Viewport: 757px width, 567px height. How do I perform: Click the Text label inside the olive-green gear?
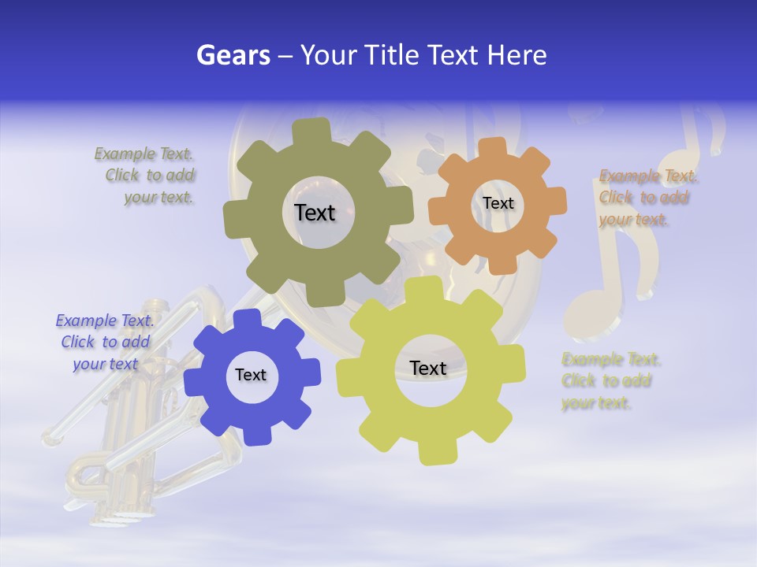point(315,213)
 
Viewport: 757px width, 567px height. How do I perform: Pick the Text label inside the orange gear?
point(498,203)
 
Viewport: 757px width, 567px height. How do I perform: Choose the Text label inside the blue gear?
point(251,375)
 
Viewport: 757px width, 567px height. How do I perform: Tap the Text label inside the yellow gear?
point(428,368)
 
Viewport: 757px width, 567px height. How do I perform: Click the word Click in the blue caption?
point(78,343)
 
